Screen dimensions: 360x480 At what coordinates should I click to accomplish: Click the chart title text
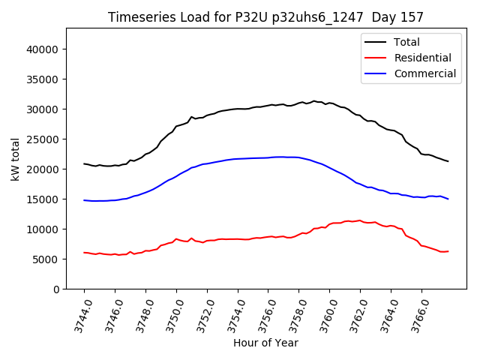point(265,17)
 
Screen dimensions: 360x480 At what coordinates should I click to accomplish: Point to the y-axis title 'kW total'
point(15,158)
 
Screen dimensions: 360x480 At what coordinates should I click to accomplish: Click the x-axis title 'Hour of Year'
point(265,343)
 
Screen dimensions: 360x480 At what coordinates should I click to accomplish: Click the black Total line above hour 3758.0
point(299,103)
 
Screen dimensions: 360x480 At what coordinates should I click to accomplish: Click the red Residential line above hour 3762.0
point(361,220)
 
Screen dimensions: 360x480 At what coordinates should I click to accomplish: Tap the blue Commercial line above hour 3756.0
point(268,157)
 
